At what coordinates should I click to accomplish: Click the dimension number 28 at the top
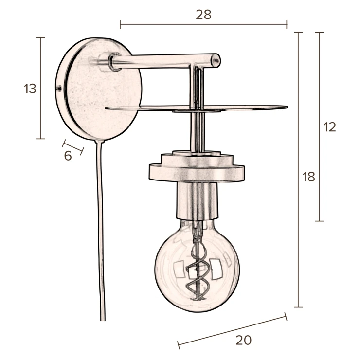(x=203, y=15)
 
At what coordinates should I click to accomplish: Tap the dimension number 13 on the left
(x=30, y=89)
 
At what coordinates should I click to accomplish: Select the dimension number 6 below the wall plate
(x=68, y=156)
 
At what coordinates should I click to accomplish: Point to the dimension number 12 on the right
(x=330, y=127)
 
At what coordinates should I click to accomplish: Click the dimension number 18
(x=308, y=177)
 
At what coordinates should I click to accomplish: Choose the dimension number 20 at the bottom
(x=243, y=340)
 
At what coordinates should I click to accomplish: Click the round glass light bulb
(x=197, y=266)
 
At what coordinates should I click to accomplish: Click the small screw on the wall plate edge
(x=59, y=88)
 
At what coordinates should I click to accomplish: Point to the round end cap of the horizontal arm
(x=216, y=61)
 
